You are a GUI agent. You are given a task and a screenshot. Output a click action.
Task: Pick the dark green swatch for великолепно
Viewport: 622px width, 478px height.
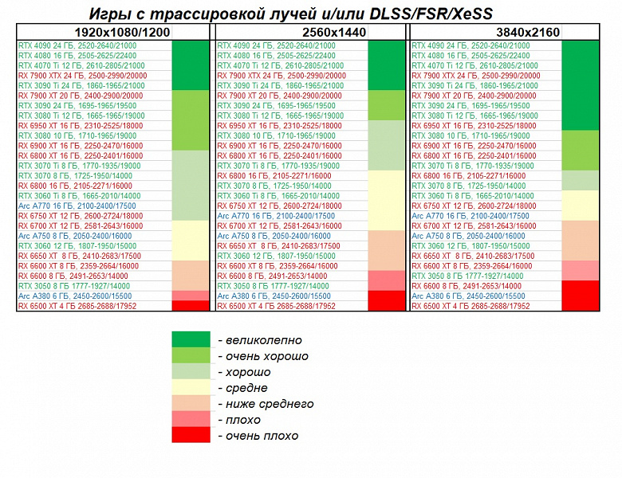coord(191,340)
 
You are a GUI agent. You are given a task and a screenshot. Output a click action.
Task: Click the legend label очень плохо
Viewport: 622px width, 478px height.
coord(258,436)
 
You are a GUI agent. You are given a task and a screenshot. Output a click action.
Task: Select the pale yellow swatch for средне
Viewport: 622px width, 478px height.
coord(191,388)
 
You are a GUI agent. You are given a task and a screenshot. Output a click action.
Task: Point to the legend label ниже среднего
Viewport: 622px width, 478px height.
coord(265,404)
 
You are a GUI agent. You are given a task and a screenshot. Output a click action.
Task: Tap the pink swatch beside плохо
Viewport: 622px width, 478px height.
coord(191,420)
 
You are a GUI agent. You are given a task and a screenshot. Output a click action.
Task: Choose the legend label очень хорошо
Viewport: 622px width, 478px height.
coord(262,356)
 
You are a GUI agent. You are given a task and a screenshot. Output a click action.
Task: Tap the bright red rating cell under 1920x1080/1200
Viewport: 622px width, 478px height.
coord(190,306)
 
